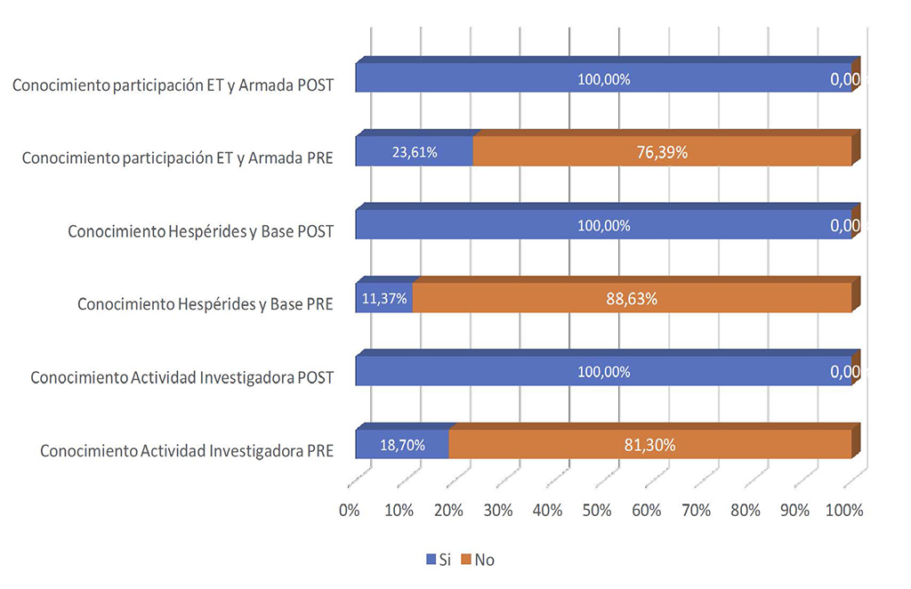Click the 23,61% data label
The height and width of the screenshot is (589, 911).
click(x=415, y=152)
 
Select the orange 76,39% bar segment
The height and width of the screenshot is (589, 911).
click(x=663, y=152)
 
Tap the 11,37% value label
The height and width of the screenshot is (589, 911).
click(x=384, y=299)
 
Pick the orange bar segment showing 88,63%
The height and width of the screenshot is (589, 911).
click(x=632, y=299)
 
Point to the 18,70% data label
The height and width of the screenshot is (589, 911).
click(x=402, y=445)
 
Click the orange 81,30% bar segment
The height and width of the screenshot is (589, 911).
click(x=649, y=445)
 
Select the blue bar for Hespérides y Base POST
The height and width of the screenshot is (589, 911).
click(x=603, y=225)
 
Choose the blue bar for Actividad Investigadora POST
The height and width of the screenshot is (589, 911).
click(x=603, y=372)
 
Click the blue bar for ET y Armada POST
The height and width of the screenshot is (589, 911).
click(x=603, y=79)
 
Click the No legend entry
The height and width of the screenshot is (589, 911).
click(x=480, y=560)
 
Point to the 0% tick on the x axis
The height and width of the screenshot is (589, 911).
click(x=350, y=511)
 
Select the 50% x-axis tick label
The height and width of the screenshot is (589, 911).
click(x=597, y=511)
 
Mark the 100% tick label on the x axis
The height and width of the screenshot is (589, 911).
click(x=844, y=511)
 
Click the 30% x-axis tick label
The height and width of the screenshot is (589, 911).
click(x=498, y=511)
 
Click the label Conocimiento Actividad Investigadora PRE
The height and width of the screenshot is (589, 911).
click(x=187, y=450)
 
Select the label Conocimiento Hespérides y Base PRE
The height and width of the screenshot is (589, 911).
click(x=206, y=304)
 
